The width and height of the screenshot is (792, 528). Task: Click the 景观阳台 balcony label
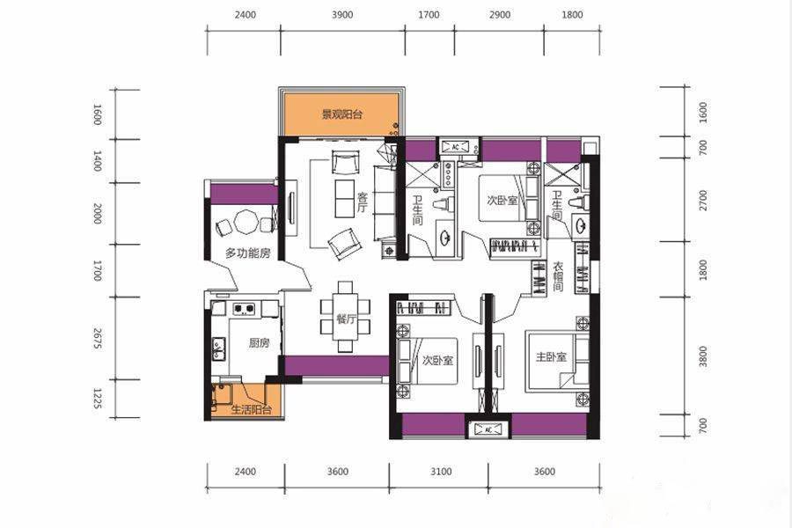click(342, 114)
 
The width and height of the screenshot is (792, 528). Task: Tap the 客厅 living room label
click(363, 202)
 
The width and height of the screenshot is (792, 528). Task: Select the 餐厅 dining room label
click(347, 319)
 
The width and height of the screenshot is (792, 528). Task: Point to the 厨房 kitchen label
click(259, 343)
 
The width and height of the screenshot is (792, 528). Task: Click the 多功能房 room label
click(247, 253)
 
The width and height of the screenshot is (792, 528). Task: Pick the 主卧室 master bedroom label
click(551, 357)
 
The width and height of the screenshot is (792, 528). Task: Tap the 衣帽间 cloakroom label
click(558, 276)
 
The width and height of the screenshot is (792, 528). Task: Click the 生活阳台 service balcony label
click(251, 409)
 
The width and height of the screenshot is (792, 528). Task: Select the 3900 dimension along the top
click(342, 15)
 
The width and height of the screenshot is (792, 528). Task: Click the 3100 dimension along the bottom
click(441, 472)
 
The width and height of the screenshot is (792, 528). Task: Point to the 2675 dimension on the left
click(98, 338)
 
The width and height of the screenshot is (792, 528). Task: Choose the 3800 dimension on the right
click(703, 356)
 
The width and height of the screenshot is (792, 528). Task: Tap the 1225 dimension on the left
click(98, 399)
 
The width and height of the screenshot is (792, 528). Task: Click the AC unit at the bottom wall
click(488, 429)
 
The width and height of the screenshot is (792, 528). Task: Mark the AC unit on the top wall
click(455, 147)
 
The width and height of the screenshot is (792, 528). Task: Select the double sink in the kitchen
click(219, 348)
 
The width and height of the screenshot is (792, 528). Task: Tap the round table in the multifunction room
click(246, 221)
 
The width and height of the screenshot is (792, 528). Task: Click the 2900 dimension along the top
click(500, 15)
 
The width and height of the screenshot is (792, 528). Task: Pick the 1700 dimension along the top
click(429, 15)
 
